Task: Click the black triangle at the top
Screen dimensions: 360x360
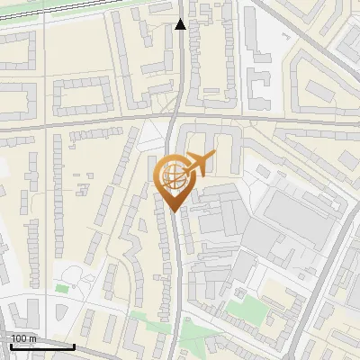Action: (181, 24)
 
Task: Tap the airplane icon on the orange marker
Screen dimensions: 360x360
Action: (199, 165)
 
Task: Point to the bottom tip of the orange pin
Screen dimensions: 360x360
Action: (172, 211)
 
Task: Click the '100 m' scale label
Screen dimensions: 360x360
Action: (23, 338)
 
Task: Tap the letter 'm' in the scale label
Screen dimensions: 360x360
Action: (32, 338)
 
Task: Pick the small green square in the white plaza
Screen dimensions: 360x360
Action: (61, 288)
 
